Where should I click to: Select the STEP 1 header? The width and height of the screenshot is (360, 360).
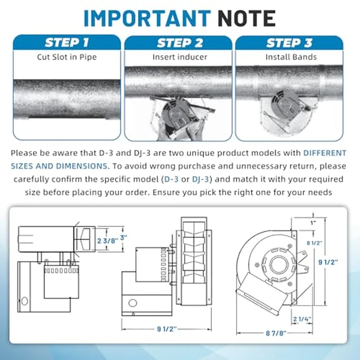click(x=67, y=42)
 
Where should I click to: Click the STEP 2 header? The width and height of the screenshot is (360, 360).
click(x=178, y=42)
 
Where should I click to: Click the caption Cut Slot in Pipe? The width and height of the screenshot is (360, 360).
click(x=67, y=57)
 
